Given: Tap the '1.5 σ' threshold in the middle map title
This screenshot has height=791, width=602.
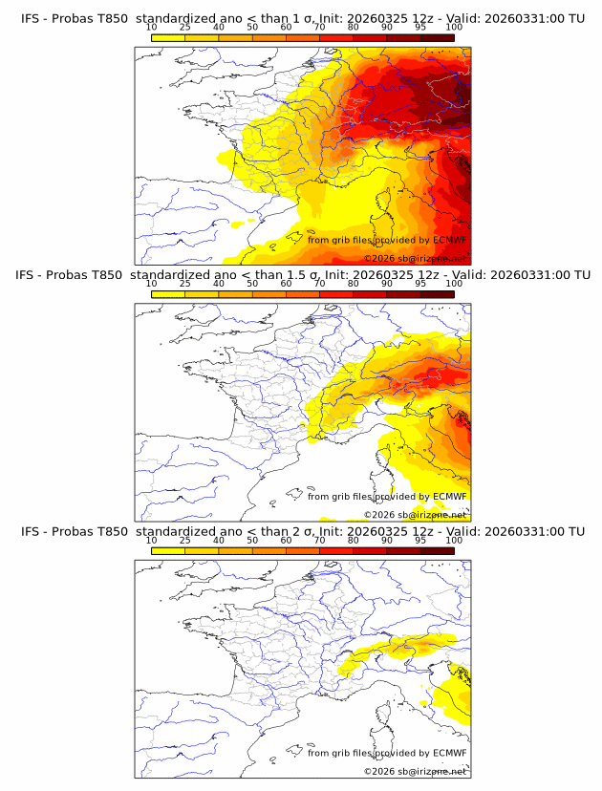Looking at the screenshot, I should coord(306,275).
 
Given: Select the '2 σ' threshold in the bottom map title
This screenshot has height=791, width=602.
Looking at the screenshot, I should coord(302,531).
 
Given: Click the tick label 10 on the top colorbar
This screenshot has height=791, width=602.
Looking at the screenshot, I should coord(151,28).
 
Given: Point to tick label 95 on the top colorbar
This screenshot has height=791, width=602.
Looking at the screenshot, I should coord(420,28).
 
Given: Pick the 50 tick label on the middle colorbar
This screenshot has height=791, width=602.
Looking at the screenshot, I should coord(252,284).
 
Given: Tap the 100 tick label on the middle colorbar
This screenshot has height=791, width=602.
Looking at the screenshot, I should coord(454,284).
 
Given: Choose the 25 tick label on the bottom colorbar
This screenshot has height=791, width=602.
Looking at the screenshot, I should coord(184,540).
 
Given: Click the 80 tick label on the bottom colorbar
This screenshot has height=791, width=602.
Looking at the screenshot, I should coord(354,540).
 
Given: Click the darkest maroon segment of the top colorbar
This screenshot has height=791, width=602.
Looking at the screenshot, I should coord(437,37).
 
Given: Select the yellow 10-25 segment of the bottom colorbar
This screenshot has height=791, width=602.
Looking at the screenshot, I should coord(168,550).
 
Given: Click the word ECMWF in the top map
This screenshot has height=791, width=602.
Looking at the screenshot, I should coord(450,241).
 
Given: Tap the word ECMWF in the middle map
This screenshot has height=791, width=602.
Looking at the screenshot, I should coord(450,497).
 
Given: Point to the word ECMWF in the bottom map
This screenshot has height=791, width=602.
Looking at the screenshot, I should coord(450,753).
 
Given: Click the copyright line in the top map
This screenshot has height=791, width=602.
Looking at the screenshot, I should coord(415,259).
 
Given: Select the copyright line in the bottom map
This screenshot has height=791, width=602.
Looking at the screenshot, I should coord(415,771).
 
